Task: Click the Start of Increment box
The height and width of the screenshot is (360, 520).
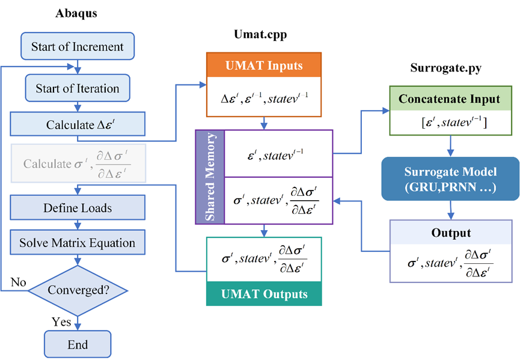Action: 77,47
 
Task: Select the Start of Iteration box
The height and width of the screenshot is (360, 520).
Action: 77,88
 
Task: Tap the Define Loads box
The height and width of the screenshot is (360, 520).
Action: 77,209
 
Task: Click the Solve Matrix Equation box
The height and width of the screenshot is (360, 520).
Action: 77,243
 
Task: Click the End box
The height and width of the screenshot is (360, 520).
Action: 78,344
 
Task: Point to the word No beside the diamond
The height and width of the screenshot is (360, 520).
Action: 18,282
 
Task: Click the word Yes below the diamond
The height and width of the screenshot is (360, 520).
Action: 61,322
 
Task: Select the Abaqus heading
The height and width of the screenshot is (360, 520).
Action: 77,13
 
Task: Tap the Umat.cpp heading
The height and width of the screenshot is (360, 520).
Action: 260,35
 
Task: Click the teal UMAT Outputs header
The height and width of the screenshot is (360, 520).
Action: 264,294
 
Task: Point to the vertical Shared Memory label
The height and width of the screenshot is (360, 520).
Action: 211,177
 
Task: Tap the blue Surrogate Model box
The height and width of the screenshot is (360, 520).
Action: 450,178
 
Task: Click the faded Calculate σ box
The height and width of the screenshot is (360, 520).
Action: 77,163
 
